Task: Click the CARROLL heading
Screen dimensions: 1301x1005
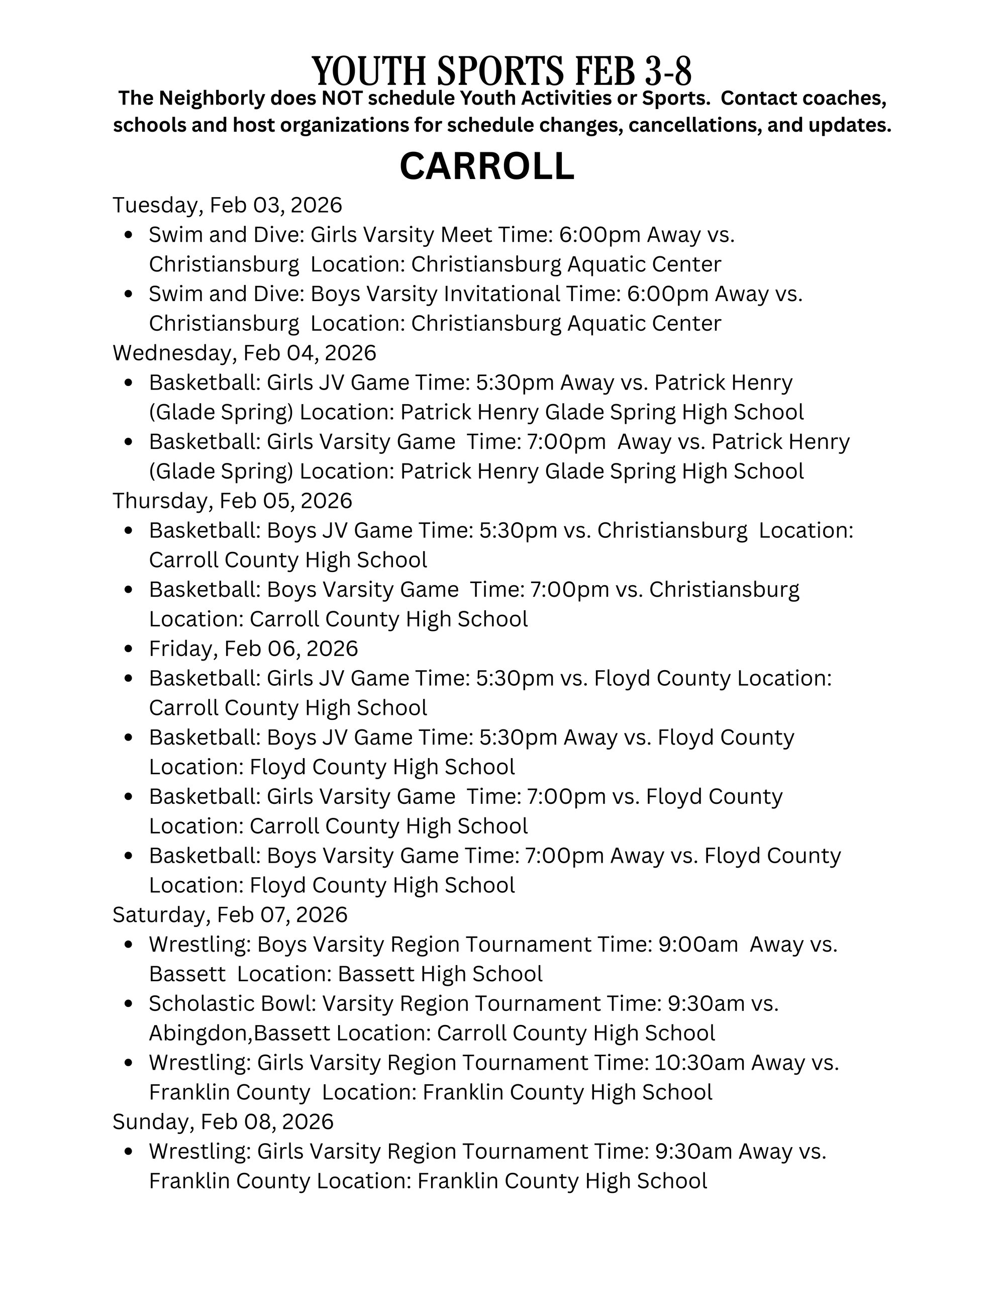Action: tap(486, 166)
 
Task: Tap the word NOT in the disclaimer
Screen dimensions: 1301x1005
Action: tap(341, 99)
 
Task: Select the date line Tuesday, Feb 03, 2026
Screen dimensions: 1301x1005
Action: tap(228, 205)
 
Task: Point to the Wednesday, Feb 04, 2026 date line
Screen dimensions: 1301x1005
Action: tap(244, 353)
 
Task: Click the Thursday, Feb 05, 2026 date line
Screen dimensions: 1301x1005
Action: tap(232, 500)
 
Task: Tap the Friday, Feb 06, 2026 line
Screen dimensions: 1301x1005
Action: tap(253, 648)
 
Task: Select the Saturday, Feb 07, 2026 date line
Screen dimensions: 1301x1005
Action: tap(230, 914)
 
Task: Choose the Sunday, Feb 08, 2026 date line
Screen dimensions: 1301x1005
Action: tap(223, 1122)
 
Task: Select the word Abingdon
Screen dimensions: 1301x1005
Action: tap(198, 1033)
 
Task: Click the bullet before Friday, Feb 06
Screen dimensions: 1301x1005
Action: tap(129, 648)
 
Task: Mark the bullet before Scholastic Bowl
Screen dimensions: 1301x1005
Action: tap(129, 1004)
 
